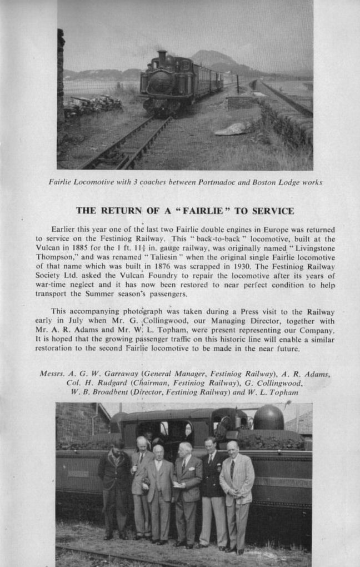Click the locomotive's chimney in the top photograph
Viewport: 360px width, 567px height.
click(162, 57)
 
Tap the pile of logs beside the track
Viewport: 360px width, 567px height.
click(92, 105)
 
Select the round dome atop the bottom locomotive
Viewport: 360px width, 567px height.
click(268, 417)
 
